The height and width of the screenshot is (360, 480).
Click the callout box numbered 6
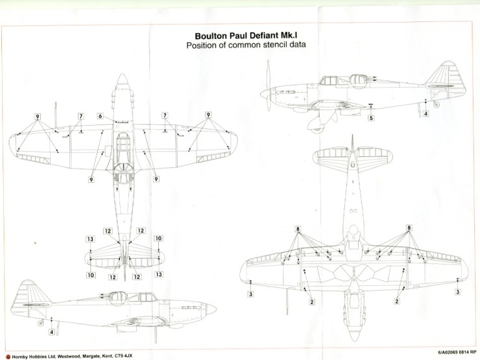click(x=101, y=115)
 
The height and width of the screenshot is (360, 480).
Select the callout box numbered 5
click(x=370, y=118)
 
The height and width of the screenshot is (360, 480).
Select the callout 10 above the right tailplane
click(x=158, y=239)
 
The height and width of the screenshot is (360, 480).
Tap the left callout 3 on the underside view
click(x=250, y=294)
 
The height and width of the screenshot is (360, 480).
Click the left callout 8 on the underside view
click(x=298, y=229)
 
